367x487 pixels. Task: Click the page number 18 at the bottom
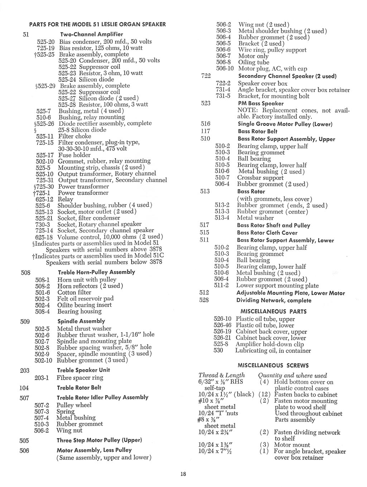tap(183, 474)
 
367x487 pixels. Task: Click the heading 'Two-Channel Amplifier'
tap(92, 34)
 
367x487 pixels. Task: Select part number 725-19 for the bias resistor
tap(45, 48)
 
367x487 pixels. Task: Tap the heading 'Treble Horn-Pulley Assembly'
tap(96, 272)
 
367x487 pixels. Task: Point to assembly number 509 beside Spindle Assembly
tap(25, 321)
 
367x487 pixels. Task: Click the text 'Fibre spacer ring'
tap(80, 378)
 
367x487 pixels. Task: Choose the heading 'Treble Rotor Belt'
tap(79, 388)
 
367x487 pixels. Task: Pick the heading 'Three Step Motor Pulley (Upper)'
tap(100, 440)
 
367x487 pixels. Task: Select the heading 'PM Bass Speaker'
tap(261, 103)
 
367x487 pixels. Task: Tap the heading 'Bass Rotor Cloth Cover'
tap(267, 233)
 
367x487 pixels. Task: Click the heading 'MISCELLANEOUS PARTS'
tap(274, 311)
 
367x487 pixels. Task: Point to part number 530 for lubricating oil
tap(218, 350)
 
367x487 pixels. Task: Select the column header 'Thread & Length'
tap(222, 375)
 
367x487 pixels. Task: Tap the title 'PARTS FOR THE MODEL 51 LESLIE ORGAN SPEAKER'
tap(97, 24)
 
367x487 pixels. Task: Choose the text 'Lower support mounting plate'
tap(277, 285)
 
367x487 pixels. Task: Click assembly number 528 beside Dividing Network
tap(204, 300)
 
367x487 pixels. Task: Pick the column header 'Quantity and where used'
tap(293, 375)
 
